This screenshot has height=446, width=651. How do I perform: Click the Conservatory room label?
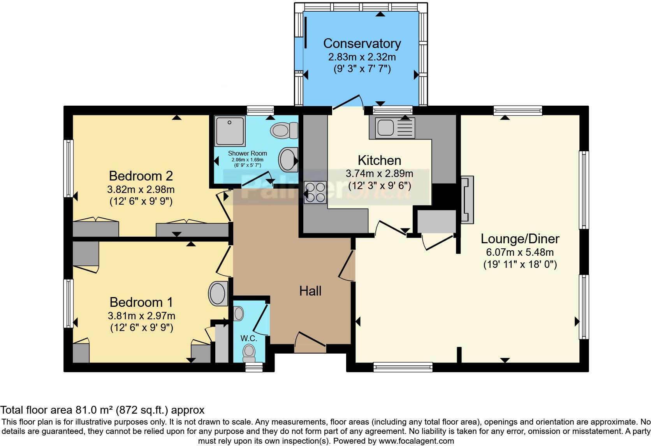(x=362, y=43)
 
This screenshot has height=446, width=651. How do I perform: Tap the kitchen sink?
(x=391, y=127)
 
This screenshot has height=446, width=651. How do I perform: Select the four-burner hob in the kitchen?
(x=316, y=193)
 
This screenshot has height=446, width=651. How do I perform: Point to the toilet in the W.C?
(x=248, y=351)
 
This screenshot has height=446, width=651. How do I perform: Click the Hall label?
(x=310, y=291)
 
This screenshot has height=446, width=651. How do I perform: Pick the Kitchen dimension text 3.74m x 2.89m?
(x=379, y=173)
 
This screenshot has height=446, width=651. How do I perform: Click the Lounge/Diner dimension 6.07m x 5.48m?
(x=520, y=252)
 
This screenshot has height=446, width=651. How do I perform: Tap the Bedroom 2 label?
(x=141, y=176)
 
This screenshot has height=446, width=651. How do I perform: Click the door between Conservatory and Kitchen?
(x=347, y=102)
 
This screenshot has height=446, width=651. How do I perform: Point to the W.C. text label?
(x=249, y=338)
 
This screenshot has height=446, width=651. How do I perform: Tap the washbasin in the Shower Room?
(x=287, y=159)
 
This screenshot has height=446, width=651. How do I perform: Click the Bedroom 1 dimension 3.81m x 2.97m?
(x=141, y=315)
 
